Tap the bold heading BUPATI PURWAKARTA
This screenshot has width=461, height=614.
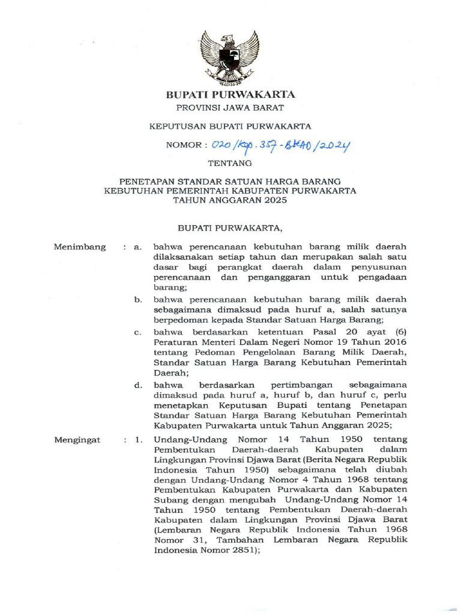pos(230,95)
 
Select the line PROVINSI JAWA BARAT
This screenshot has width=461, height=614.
pos(230,109)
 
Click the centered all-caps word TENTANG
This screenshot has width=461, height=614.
pos(230,162)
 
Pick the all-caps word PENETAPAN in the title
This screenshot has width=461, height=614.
pos(146,181)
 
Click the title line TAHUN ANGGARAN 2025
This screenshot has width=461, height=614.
pos(230,201)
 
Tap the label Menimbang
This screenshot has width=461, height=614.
pos(80,246)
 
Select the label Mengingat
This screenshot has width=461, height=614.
pos(79,440)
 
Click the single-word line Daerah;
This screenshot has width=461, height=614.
pos(171,372)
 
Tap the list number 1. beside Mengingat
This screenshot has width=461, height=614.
pos(139,440)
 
